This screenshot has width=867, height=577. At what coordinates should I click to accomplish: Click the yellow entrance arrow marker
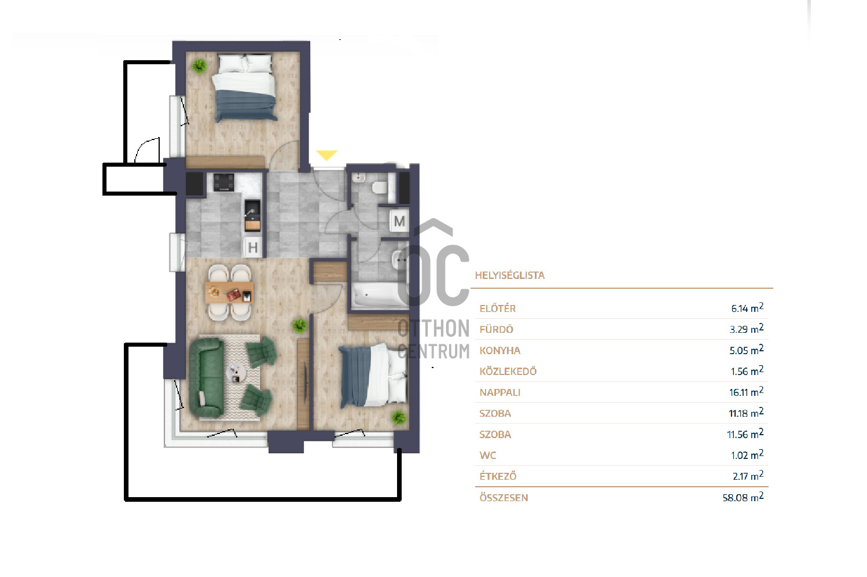(326, 155)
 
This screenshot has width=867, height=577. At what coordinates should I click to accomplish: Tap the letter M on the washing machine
(399, 221)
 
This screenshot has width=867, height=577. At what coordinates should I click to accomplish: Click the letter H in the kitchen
(253, 247)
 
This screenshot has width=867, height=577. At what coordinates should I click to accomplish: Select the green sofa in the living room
(207, 378)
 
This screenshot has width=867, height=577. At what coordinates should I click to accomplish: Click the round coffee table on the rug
(236, 373)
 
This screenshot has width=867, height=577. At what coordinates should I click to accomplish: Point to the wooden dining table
(229, 293)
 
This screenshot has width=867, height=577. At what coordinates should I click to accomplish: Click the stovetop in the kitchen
(224, 182)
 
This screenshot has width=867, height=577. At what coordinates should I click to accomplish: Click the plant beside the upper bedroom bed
(199, 66)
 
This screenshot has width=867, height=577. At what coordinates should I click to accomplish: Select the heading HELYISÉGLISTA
(509, 275)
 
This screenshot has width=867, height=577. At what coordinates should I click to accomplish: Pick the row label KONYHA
(499, 351)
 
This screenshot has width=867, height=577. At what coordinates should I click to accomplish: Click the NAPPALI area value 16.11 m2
(746, 392)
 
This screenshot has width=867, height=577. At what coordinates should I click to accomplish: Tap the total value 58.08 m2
(743, 497)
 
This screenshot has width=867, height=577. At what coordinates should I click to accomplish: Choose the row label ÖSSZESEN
(504, 498)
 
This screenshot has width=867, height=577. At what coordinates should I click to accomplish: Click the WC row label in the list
(488, 455)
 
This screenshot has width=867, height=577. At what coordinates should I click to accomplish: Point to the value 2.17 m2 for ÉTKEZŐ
(748, 476)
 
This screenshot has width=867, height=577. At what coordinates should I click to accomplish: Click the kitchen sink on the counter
(252, 210)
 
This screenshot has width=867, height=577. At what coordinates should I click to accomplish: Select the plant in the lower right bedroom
(398, 418)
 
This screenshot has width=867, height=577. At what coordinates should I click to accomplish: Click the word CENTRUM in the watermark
(433, 351)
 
